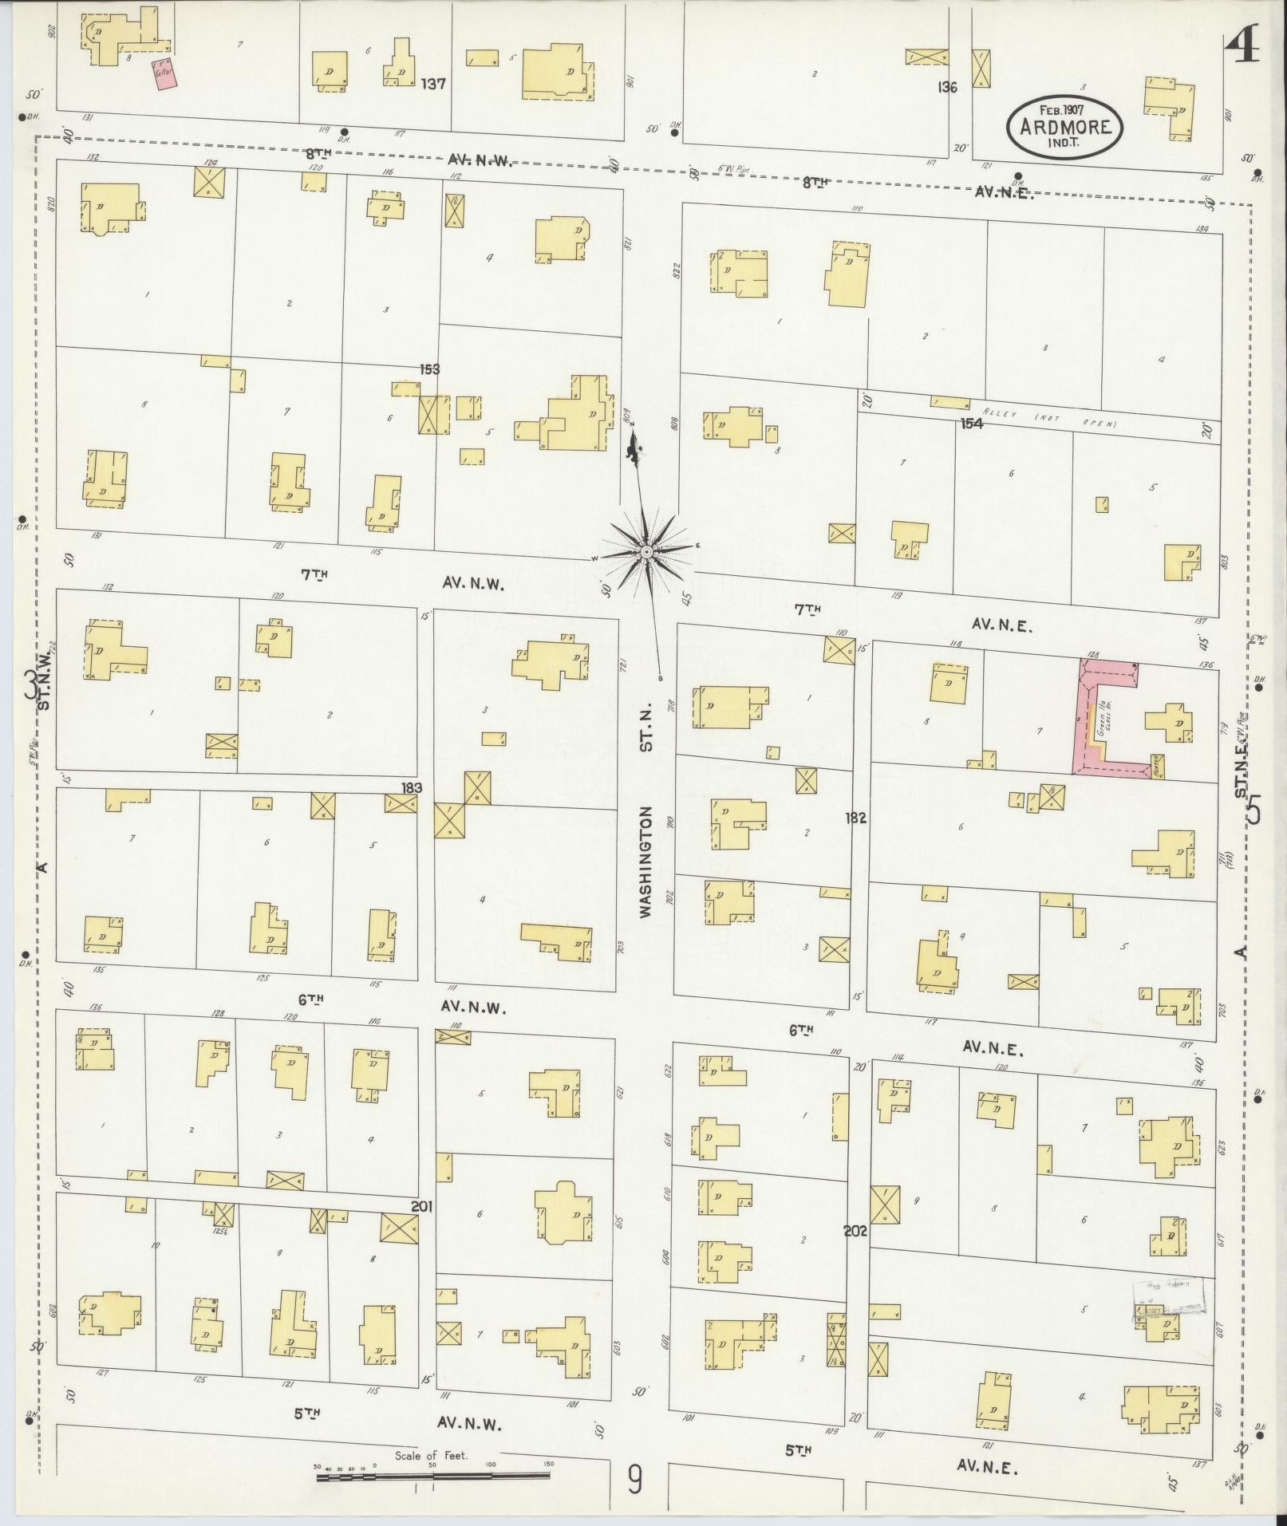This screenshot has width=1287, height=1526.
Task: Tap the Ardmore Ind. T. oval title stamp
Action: pos(1064,128)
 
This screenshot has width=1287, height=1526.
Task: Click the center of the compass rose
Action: pos(647,552)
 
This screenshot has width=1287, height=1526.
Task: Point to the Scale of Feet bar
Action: pos(436,1478)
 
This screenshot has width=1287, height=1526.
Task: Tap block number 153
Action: pos(430,369)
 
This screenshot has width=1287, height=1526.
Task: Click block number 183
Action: pos(413,787)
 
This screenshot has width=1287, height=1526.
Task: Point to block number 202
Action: pos(855,1231)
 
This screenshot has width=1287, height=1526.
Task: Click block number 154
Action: pos(971,424)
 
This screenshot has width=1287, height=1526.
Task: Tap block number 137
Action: pos(433,83)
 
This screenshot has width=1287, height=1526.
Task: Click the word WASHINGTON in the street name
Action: pos(646,861)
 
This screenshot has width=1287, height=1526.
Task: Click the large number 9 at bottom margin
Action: pos(635,1481)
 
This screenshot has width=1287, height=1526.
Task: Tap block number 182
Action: pos(856,818)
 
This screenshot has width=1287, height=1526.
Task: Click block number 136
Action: pos(947,88)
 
